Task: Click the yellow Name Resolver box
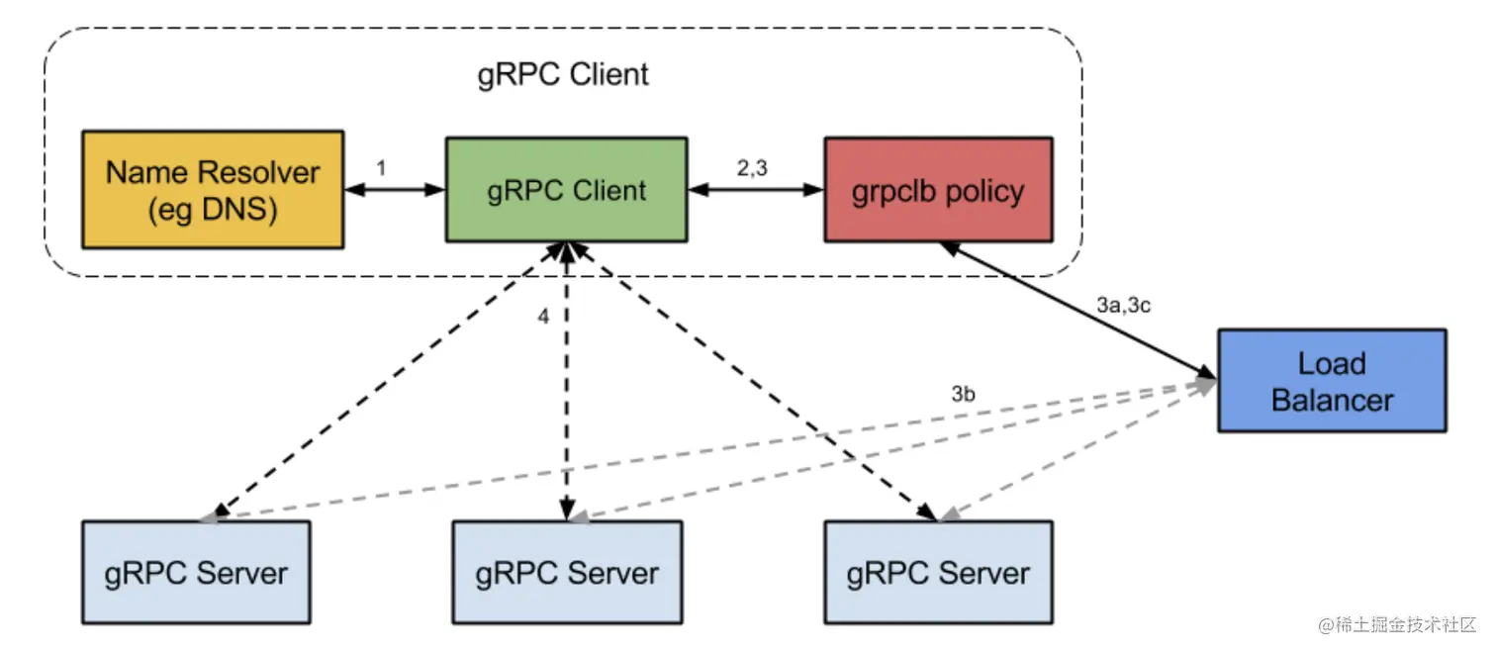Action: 213,189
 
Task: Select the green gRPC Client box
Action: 566,190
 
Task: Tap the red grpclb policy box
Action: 938,190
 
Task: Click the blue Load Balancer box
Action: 1332,381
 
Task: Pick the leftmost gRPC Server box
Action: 196,572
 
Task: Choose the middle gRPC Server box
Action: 567,572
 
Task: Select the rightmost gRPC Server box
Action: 938,572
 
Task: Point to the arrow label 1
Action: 381,169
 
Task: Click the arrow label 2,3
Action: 753,169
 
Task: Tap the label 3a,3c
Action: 1124,306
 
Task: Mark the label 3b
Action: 964,394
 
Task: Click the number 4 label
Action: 542,318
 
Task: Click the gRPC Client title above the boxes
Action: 563,74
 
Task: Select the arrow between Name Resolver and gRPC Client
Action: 394,190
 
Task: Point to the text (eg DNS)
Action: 213,210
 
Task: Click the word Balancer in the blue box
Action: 1332,400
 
